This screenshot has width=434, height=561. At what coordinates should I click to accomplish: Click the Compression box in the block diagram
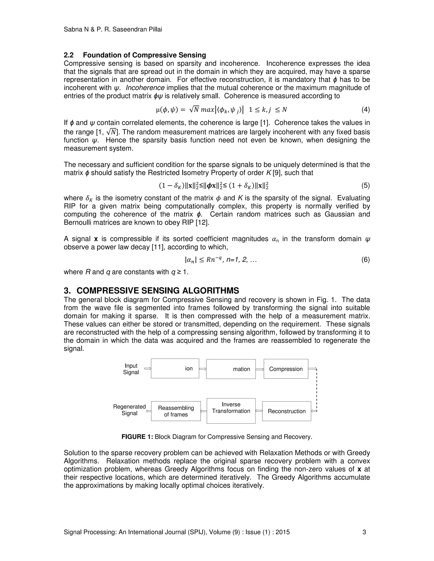[x=286, y=369]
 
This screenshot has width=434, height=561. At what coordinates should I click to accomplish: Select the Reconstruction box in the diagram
[x=287, y=411]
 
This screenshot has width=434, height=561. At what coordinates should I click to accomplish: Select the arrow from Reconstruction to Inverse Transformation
[x=259, y=411]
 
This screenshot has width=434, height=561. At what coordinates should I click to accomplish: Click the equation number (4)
[x=365, y=110]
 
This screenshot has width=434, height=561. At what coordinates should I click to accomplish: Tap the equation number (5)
[x=365, y=185]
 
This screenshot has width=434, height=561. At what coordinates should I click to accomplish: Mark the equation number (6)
[x=365, y=260]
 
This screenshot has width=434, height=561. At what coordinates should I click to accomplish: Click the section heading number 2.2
[x=69, y=55]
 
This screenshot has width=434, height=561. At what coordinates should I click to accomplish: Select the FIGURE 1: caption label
[x=137, y=437]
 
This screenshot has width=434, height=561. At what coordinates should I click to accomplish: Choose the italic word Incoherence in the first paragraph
[x=145, y=88]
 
